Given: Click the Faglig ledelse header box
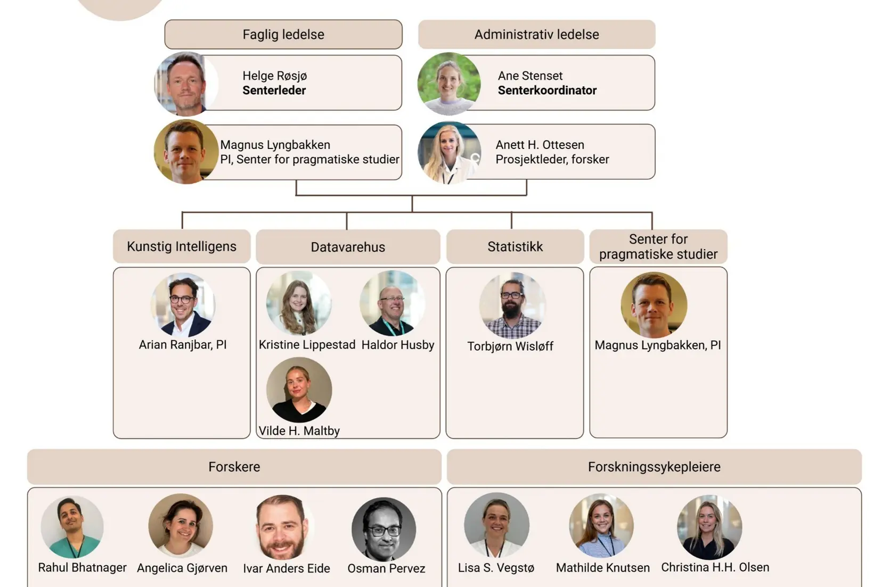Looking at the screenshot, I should point(283,35).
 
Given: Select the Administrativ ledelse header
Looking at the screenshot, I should point(536,35).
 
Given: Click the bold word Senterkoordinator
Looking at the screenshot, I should point(547,90).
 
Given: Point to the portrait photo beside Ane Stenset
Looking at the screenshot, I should point(448,84).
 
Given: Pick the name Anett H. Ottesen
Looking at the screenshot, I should point(540,145).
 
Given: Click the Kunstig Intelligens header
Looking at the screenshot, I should point(182,246).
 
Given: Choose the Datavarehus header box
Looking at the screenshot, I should point(348,247).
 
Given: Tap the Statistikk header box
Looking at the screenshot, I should point(515,246).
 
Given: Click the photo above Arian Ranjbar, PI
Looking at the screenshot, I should point(182,305).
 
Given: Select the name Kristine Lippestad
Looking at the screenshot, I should point(307,345).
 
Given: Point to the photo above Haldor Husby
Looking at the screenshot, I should point(393,303).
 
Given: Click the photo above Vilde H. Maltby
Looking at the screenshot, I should point(299,390).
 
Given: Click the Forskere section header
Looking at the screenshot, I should point(234,467).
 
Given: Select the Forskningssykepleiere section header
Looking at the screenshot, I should point(654,467).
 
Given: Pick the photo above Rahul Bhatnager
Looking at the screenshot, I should point(72,527).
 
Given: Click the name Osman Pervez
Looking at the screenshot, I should point(386,568).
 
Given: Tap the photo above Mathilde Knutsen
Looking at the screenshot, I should point(601,526).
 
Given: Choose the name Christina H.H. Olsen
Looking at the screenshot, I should point(715,567).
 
